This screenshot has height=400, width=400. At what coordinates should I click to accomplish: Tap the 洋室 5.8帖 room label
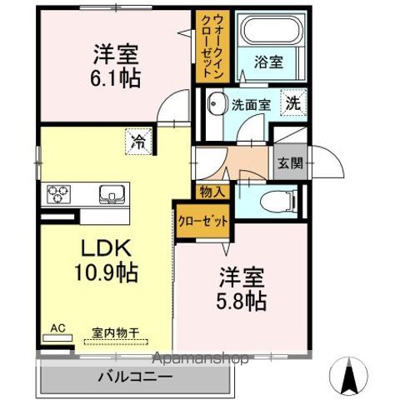tap(243, 288)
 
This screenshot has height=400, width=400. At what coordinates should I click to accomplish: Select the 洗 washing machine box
tap(293, 103)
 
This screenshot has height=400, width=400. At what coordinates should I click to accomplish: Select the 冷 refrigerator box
tap(138, 141)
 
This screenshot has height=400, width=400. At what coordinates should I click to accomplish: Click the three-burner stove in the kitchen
tap(58, 195)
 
